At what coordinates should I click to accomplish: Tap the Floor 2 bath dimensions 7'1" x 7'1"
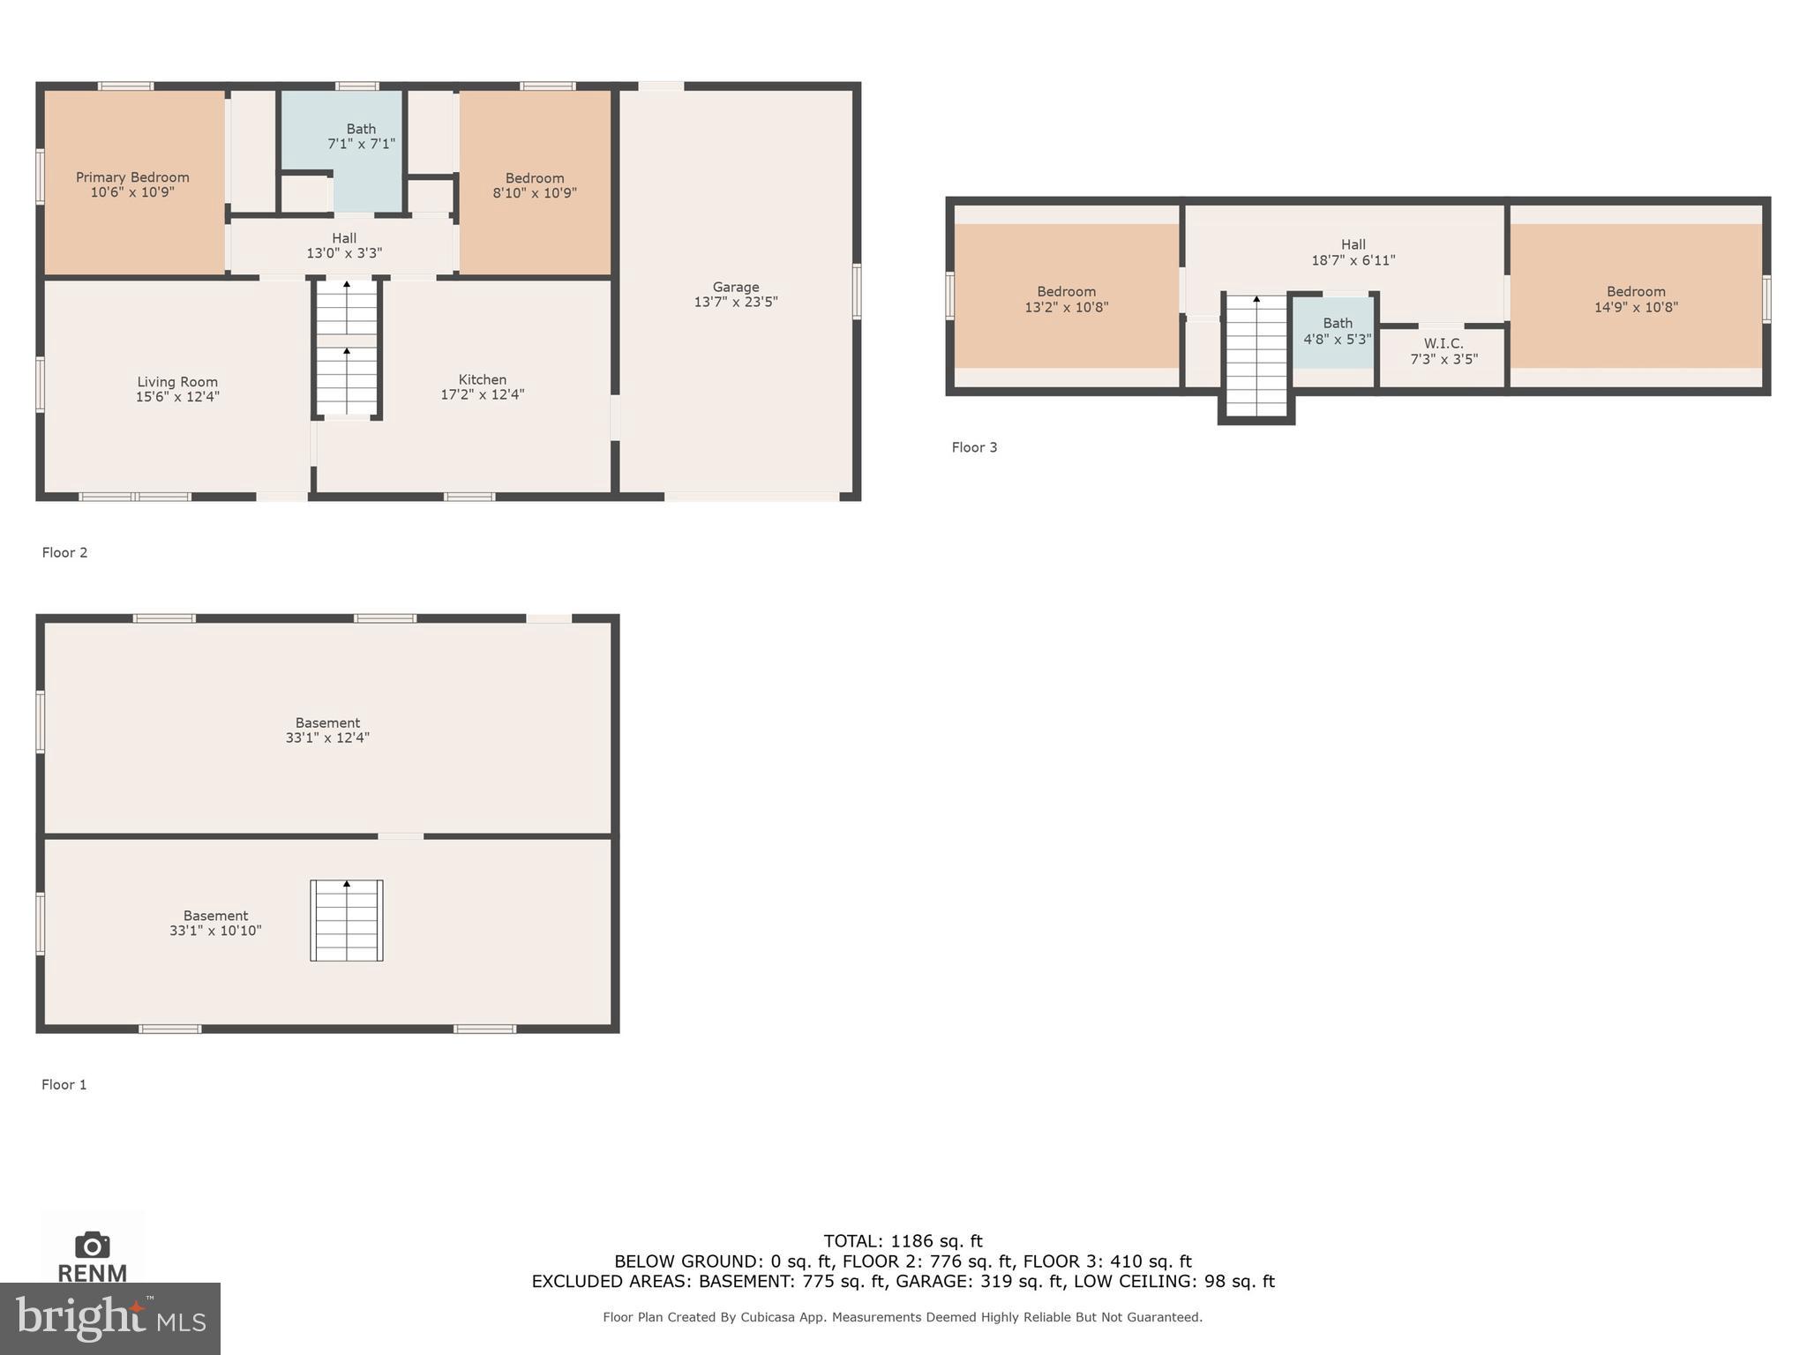[x=361, y=144]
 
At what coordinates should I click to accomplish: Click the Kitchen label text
[x=482, y=379]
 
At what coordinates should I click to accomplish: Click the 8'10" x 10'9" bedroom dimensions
[x=535, y=193]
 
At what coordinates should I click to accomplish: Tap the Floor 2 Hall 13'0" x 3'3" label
[x=344, y=246]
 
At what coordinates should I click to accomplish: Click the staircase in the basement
[x=347, y=920]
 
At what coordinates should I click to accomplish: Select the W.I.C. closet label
[x=1443, y=344]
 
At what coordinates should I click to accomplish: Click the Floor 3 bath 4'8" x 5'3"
[x=1338, y=332]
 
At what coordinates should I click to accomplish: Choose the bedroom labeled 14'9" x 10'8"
[x=1636, y=300]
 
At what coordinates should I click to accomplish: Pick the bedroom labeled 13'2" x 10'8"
[x=1066, y=300]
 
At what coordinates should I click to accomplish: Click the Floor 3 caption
[x=974, y=447]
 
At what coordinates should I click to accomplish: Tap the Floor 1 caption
[x=64, y=1084]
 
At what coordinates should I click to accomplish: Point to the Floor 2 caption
[x=65, y=552]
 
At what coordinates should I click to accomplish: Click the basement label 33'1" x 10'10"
[x=216, y=924]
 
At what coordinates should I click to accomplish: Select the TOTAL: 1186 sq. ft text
[x=903, y=1241]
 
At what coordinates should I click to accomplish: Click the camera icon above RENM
[x=93, y=1245]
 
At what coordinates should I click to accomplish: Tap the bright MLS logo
[x=110, y=1318]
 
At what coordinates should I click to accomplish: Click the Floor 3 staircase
[x=1256, y=356]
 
